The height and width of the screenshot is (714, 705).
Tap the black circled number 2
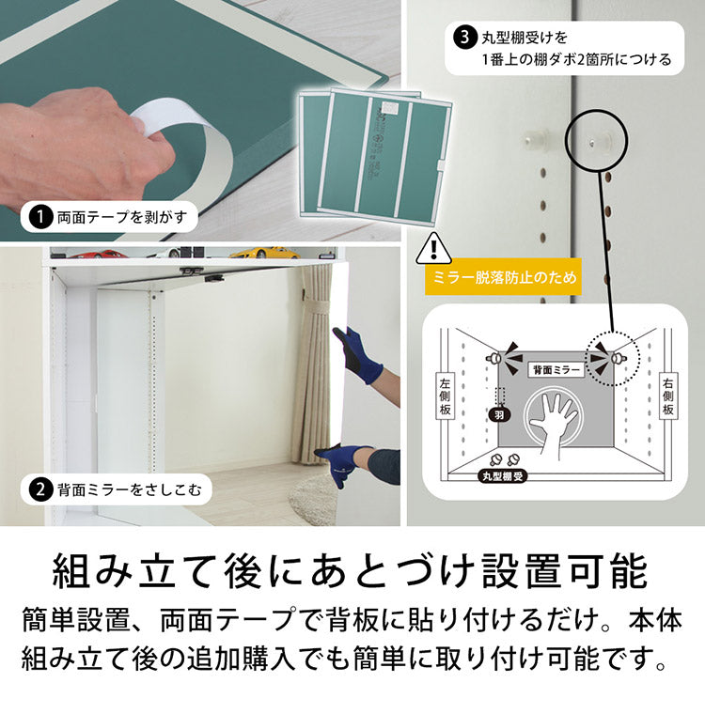tap(40, 489)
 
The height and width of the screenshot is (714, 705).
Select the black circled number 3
tap(463, 39)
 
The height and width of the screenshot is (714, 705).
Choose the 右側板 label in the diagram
tap(667, 396)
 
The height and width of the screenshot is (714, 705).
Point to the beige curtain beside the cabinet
tap(312, 366)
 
